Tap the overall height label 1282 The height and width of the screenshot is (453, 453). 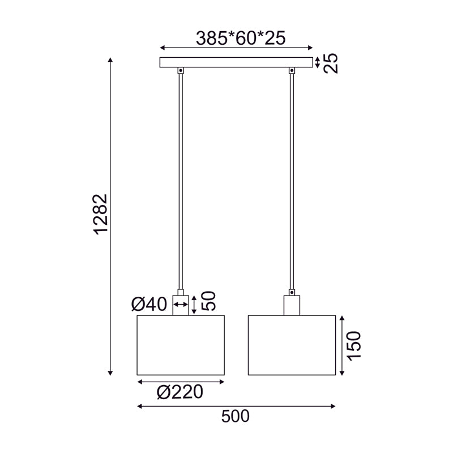(x=100, y=215)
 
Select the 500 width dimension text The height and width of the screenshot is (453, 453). (x=235, y=417)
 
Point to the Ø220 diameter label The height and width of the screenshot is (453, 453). (x=180, y=392)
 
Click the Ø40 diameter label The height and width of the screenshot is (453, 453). (x=149, y=305)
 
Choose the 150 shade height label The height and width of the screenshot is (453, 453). (x=352, y=346)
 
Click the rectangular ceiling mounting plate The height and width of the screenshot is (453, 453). (x=236, y=63)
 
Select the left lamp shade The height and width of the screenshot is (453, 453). (x=181, y=345)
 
